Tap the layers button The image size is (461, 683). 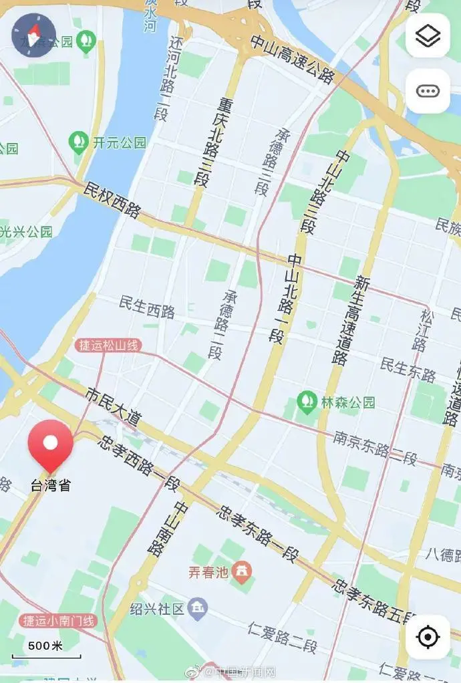pyautogui.click(x=428, y=36)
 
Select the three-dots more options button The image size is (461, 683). pyautogui.click(x=428, y=91)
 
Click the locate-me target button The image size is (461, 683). pyautogui.click(x=428, y=637)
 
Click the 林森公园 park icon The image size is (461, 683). pyautogui.click(x=307, y=402)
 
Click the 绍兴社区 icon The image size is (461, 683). pyautogui.click(x=198, y=608)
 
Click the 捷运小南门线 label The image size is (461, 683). pyautogui.click(x=58, y=621)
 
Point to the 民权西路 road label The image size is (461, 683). pyautogui.click(x=112, y=198)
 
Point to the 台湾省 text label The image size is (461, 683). pyautogui.click(x=51, y=486)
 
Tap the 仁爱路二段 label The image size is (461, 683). pyautogui.click(x=282, y=637)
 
